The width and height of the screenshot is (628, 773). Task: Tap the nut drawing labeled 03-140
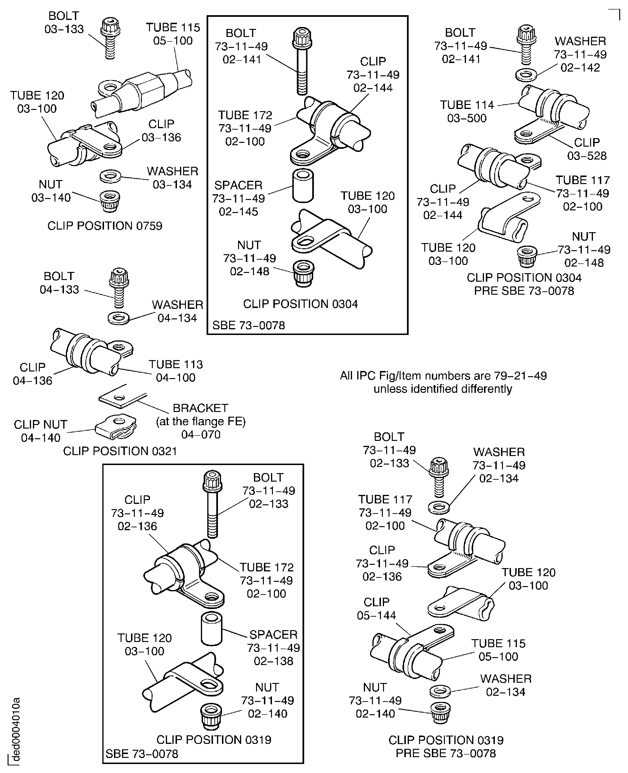click(x=110, y=201)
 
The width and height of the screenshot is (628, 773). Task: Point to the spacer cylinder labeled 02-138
click(x=212, y=629)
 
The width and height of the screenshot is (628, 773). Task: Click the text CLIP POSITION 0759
click(x=105, y=226)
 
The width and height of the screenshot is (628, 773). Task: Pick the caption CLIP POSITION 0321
click(x=120, y=451)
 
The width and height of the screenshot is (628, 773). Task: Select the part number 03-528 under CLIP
click(x=586, y=156)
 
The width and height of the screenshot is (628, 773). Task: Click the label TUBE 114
click(x=467, y=105)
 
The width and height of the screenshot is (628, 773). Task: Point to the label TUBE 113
click(x=176, y=364)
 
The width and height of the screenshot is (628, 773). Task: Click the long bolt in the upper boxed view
click(x=302, y=62)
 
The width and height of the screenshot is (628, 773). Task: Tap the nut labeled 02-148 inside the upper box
click(x=303, y=273)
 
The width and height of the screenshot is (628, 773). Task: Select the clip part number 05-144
click(x=376, y=615)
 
